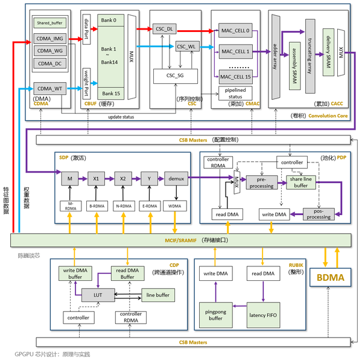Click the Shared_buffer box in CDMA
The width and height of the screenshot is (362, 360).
tap(49, 23)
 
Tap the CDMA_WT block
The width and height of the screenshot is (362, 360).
tap(49, 88)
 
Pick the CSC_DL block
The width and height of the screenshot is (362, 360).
tap(163, 28)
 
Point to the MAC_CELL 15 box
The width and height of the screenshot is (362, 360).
tap(235, 77)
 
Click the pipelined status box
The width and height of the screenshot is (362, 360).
tap(235, 94)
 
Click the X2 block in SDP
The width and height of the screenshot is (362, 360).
tap(122, 179)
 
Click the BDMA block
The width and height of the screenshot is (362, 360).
tap(329, 278)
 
